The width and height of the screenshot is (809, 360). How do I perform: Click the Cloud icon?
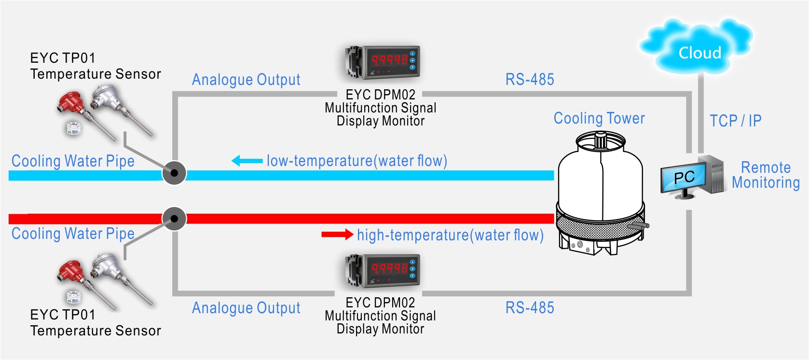697,49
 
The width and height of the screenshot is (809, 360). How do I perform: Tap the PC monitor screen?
684,178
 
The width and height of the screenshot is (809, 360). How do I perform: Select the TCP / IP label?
735,121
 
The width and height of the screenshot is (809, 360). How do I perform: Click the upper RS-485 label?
530,80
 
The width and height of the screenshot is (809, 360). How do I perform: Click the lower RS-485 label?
530,308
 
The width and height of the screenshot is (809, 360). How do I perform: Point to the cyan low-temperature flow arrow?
247,161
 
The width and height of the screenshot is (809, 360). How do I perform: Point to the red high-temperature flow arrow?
337,235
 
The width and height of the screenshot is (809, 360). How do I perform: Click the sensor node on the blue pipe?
174,173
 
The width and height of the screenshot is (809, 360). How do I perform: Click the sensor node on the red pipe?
174,219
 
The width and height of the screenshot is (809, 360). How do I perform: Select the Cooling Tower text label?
599,119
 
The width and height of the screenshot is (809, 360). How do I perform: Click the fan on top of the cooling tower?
600,141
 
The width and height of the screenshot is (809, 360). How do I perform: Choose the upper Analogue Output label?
246,80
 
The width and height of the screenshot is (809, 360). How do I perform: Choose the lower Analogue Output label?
246,308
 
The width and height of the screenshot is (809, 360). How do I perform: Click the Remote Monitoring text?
766,175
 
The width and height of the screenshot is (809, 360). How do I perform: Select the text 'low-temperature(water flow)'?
357,161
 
